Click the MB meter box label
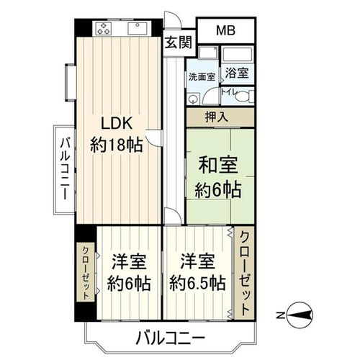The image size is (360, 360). [x=225, y=30]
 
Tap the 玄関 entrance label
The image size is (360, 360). [x=179, y=42]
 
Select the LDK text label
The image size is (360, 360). [x=117, y=123]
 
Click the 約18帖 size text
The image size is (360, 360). [x=117, y=145]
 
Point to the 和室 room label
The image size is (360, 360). [x=218, y=165]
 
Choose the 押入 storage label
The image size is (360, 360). [x=216, y=117]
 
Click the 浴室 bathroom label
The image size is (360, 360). [x=237, y=73]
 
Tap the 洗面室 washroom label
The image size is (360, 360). [x=202, y=77]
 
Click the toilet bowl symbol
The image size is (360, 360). [x=243, y=96]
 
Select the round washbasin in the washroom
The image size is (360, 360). [x=192, y=99]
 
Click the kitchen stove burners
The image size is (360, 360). [x=104, y=28]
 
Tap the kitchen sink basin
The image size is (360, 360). [x=138, y=29]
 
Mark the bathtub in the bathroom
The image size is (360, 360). [x=237, y=54]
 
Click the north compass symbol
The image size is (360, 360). [x=300, y=315]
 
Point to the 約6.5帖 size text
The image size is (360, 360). [x=197, y=284]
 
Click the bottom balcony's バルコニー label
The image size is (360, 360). [x=171, y=338]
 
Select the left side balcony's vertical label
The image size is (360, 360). [x=65, y=168]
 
